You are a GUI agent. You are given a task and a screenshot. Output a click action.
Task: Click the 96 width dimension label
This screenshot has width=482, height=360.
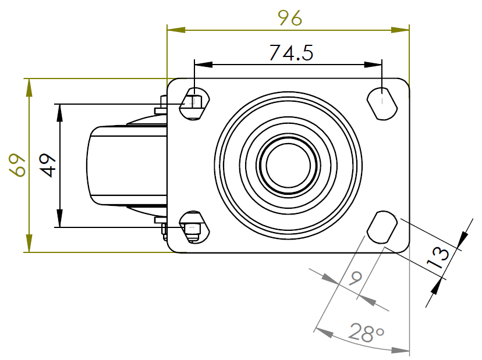pyautogui.click(x=290, y=18)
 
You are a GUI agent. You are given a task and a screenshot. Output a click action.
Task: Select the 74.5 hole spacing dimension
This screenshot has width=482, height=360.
pyautogui.click(x=292, y=53)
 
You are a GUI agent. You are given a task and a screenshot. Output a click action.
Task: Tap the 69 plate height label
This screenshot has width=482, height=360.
pyautogui.click(x=17, y=165)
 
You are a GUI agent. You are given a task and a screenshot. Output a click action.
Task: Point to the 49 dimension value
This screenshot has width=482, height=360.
pyautogui.click(x=48, y=165)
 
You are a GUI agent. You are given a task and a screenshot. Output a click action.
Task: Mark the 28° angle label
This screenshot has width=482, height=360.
pyautogui.click(x=366, y=332)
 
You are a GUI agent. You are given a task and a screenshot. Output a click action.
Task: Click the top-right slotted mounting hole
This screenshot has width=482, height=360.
pyautogui.click(x=382, y=104)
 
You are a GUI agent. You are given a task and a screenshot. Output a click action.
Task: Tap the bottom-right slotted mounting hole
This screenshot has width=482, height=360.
pyautogui.click(x=382, y=227)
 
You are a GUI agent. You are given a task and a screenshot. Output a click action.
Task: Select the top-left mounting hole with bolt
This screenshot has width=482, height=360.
pyautogui.click(x=194, y=104)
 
